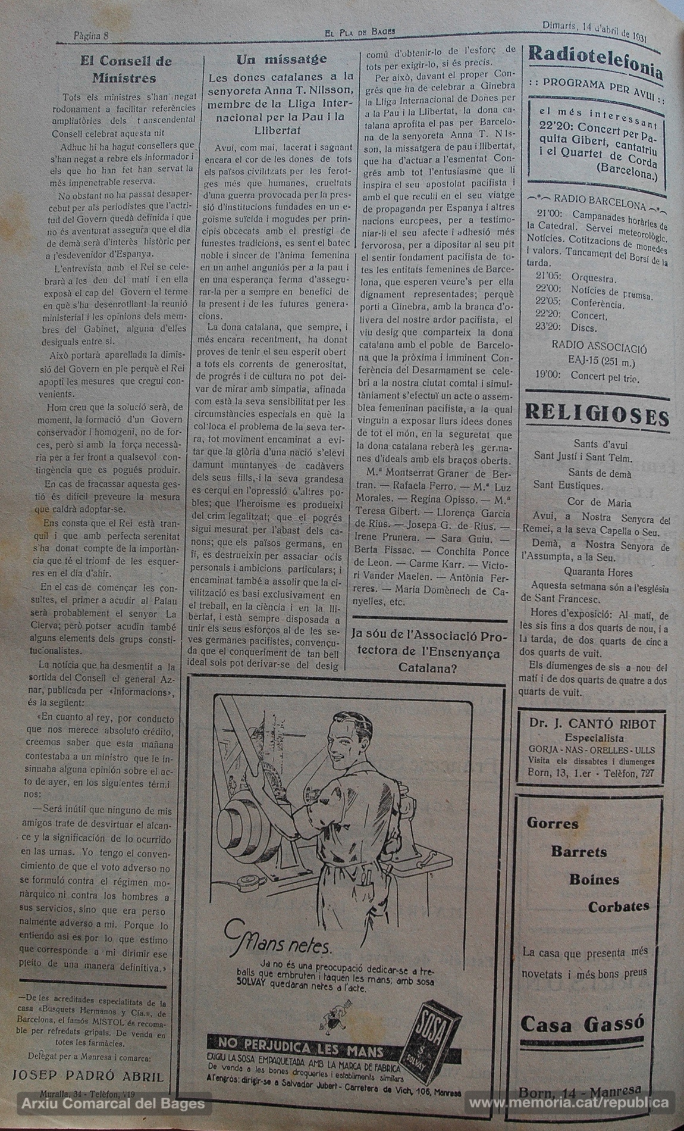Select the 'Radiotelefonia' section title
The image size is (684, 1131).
click(x=595, y=63)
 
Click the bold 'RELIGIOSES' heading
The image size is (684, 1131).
click(x=597, y=415)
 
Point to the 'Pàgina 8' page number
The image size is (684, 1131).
click(x=91, y=35)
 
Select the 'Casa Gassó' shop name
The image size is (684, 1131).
click(x=582, y=1023)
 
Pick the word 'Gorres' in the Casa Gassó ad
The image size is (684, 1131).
click(x=553, y=824)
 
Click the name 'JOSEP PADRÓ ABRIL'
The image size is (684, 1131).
click(x=88, y=1076)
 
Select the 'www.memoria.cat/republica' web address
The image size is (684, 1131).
click(x=568, y=1104)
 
